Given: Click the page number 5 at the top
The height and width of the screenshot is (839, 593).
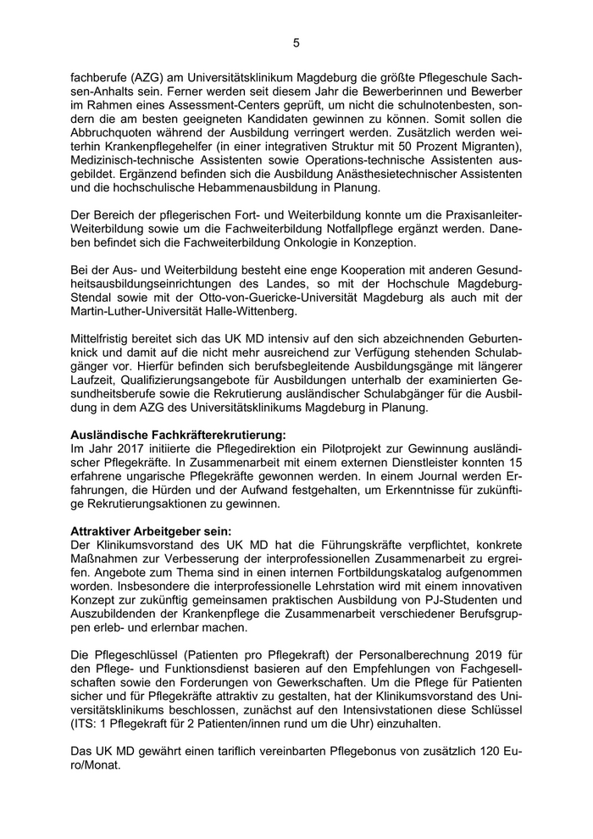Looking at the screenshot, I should (296, 42).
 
